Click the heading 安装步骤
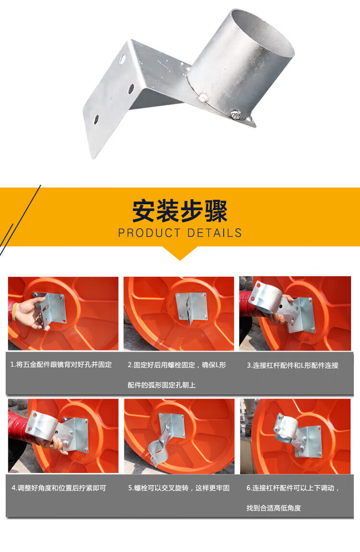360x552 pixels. tap(180, 211)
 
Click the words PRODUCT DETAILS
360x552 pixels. tap(180, 233)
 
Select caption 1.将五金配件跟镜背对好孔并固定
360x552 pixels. tap(61, 364)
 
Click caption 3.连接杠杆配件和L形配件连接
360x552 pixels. tap(292, 365)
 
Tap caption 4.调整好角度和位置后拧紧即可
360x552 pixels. tap(59, 488)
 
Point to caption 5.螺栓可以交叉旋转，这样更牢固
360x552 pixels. tap(179, 488)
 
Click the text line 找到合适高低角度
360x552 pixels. tap(273, 508)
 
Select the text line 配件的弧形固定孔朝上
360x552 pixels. tap(161, 385)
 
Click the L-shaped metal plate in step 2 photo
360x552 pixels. tap(192, 307)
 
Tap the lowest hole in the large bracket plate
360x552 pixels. tap(96, 120)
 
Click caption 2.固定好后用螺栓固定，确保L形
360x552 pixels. tap(177, 365)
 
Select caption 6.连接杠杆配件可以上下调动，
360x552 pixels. tap(292, 488)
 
